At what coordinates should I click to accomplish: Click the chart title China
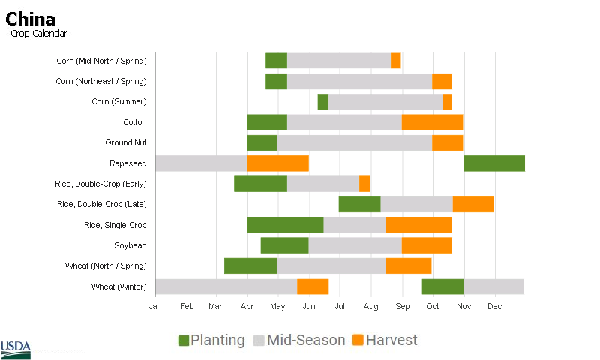[31, 19]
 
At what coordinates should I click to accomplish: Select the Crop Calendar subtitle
[39, 34]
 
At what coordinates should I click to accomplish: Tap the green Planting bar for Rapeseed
[493, 163]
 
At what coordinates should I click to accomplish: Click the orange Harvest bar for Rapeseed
[277, 163]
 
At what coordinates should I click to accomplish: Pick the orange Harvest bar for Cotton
[432, 122]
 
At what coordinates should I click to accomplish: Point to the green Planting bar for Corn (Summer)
[323, 102]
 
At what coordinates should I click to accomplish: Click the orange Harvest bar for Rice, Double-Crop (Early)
[364, 184]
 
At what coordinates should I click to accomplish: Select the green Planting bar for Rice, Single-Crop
[285, 225]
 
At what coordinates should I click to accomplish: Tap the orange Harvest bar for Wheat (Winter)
[313, 286]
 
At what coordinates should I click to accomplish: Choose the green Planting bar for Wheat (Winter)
[442, 286]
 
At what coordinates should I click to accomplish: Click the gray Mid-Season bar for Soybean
[355, 245]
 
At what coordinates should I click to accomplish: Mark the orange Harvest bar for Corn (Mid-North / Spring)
[395, 61]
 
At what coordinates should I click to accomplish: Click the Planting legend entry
[211, 340]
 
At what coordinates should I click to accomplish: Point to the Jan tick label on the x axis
[155, 306]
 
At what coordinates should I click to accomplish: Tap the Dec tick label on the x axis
[495, 306]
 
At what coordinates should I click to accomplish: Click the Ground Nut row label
[126, 142]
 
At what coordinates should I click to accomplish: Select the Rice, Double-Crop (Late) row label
[102, 204]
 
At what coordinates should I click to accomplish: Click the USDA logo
[16, 346]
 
